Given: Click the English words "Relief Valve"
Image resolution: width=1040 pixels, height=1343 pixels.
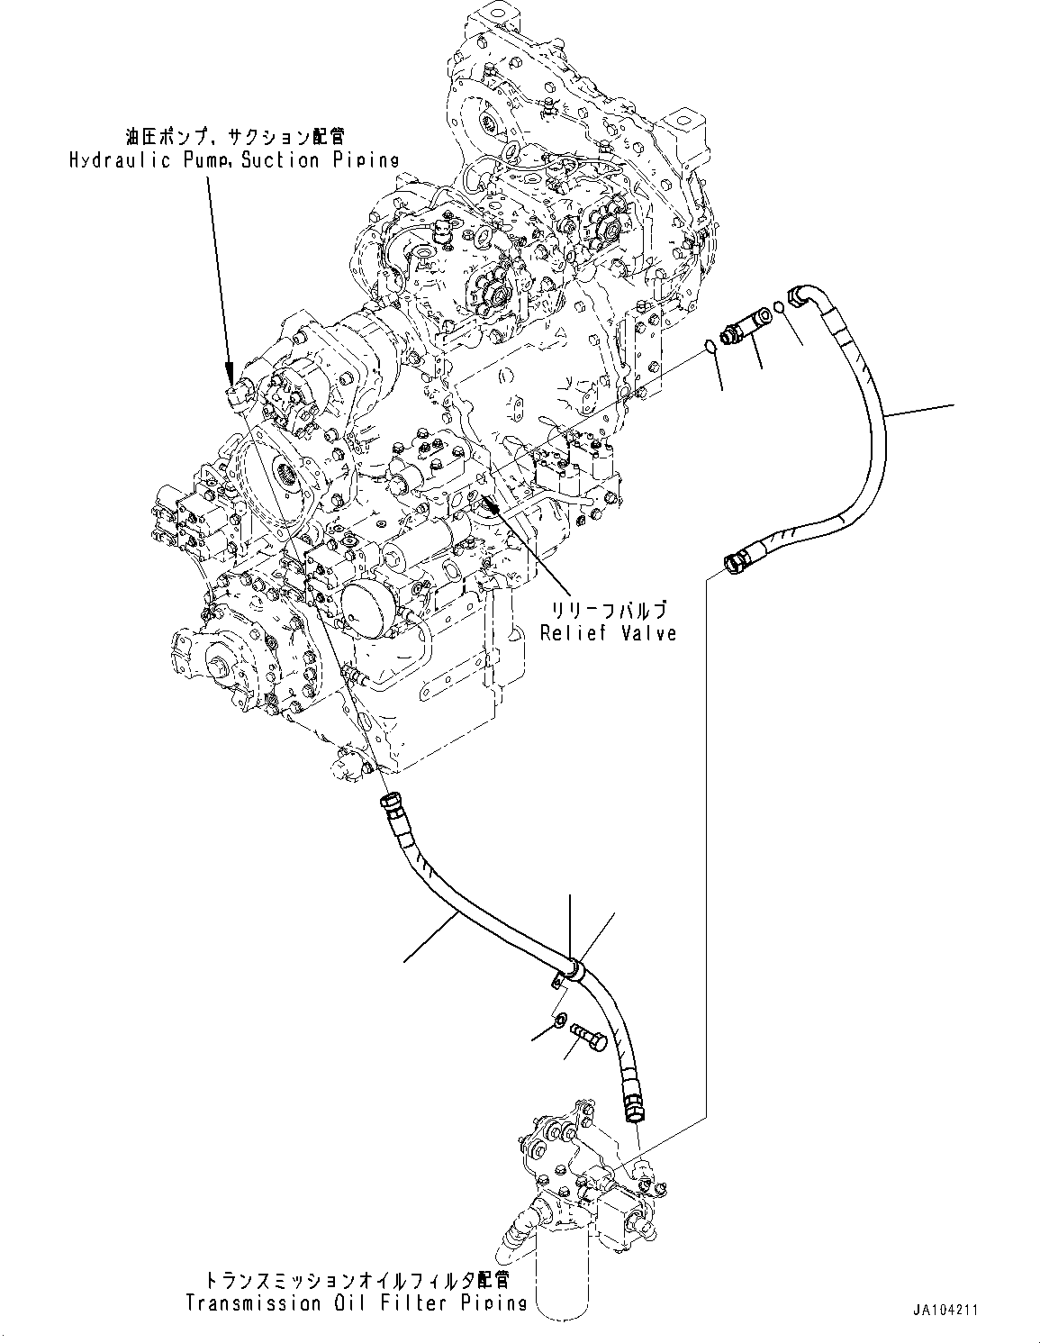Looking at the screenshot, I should [608, 632].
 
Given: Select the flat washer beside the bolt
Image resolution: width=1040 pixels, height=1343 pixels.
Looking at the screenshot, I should [560, 1021].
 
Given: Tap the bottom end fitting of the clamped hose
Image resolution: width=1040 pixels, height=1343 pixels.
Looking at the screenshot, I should [633, 1111].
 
